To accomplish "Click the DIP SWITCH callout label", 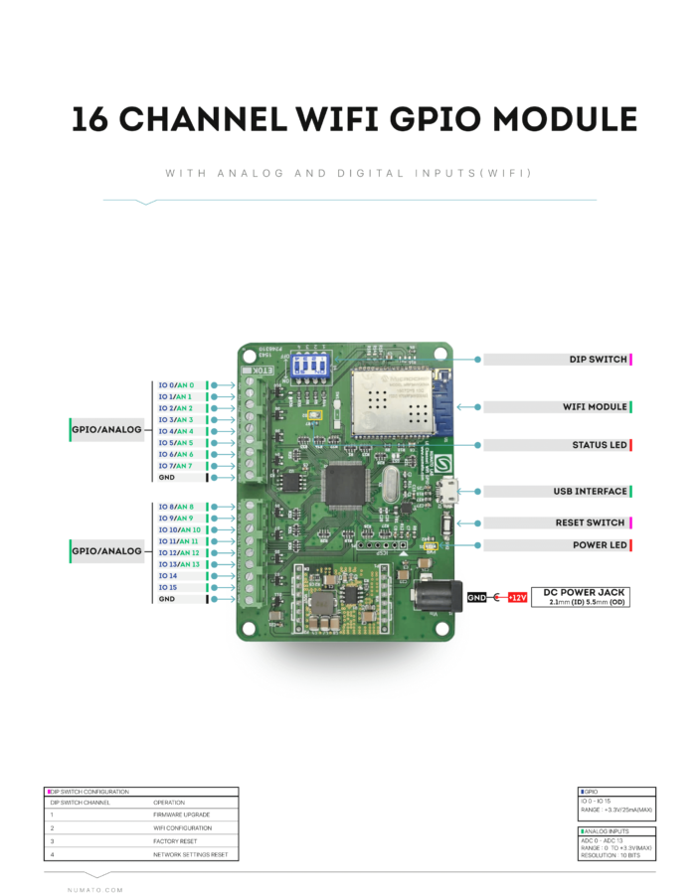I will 599,360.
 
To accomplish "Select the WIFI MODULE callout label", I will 595,407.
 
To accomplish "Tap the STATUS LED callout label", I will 600,445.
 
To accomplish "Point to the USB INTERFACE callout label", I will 591,491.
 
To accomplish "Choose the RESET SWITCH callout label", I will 591,522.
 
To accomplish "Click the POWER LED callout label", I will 600,545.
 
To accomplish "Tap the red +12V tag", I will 517,598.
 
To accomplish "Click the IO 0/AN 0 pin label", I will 176,384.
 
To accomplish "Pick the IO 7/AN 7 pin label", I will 176,466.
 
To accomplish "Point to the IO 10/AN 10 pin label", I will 179,529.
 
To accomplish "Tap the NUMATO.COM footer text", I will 94,890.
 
